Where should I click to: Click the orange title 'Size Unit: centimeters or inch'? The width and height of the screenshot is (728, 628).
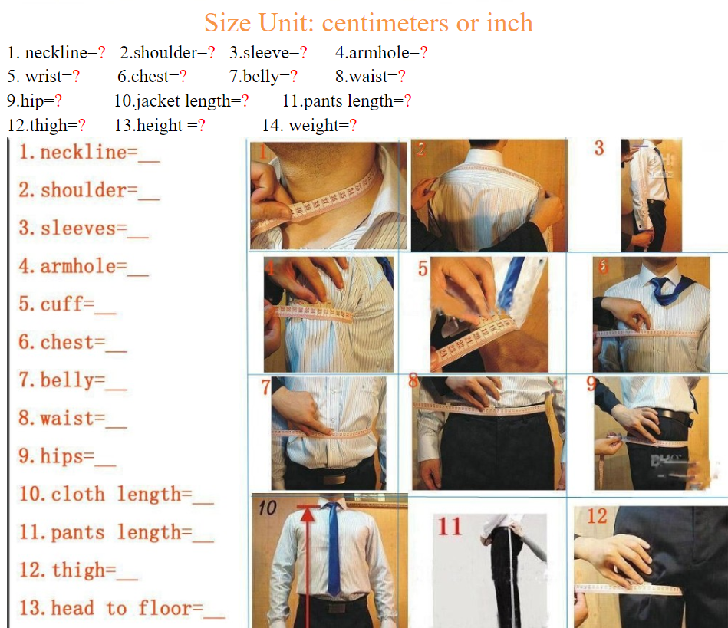[369, 23]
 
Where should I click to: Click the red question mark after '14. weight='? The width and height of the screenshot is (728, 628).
[353, 125]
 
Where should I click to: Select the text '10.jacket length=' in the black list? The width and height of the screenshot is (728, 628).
[178, 100]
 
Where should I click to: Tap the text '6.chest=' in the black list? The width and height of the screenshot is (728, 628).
[148, 76]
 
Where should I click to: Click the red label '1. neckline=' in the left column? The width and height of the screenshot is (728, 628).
[78, 153]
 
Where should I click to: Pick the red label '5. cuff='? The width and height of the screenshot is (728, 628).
[57, 304]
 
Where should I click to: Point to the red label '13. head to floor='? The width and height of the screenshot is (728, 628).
[111, 607]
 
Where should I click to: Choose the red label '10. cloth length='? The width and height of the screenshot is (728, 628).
[105, 494]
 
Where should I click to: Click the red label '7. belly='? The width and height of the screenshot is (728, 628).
[62, 380]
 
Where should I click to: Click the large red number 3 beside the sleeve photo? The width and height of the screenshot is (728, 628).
[599, 148]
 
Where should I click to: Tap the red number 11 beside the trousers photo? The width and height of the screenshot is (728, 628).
[450, 526]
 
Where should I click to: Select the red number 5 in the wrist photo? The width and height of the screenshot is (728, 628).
[423, 268]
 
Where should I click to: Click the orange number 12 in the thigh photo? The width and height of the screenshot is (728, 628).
[597, 516]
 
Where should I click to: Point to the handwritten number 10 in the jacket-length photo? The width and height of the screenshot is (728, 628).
[268, 508]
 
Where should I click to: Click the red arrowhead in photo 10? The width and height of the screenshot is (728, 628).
[308, 515]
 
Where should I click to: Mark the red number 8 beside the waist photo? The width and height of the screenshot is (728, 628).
[413, 380]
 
